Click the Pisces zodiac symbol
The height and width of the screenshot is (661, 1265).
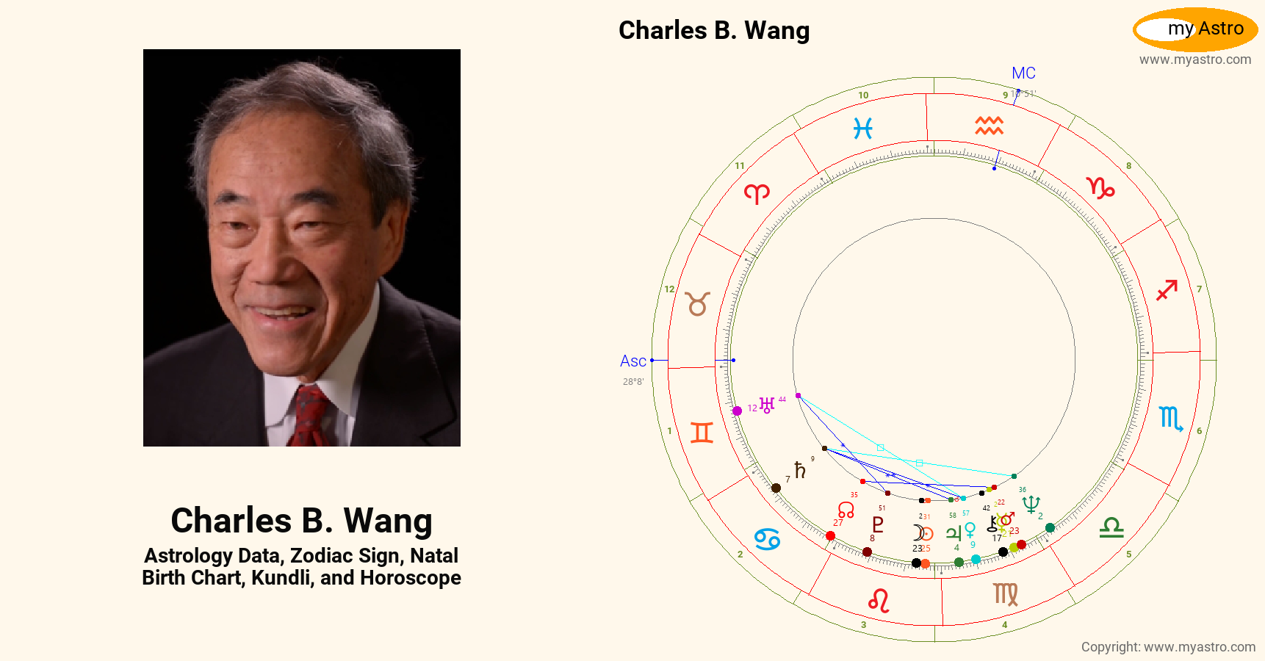[x=862, y=129]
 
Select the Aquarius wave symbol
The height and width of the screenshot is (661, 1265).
[x=989, y=126]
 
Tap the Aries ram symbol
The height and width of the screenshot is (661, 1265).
[x=757, y=193]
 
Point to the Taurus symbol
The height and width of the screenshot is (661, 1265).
[x=698, y=303]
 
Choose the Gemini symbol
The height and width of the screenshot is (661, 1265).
[x=702, y=433]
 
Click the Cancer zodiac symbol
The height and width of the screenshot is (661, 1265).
[x=767, y=539]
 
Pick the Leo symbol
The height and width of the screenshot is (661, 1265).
[x=879, y=601]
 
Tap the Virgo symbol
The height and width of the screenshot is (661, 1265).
[x=1006, y=593]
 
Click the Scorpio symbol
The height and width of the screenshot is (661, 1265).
[x=1170, y=419]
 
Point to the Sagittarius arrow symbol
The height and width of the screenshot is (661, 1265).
[x=1167, y=290]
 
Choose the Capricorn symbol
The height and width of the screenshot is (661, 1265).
[x=1100, y=188]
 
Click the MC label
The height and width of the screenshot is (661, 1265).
[x=1023, y=73]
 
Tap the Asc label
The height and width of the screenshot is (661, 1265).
[x=632, y=361]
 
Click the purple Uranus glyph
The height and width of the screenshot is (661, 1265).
[x=767, y=405]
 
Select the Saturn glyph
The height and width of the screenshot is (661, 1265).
[x=800, y=470]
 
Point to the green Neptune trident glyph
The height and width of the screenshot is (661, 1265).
[x=1031, y=504]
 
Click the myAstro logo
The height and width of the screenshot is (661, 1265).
[x=1195, y=29]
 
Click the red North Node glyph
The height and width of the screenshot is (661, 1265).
[x=846, y=510]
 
